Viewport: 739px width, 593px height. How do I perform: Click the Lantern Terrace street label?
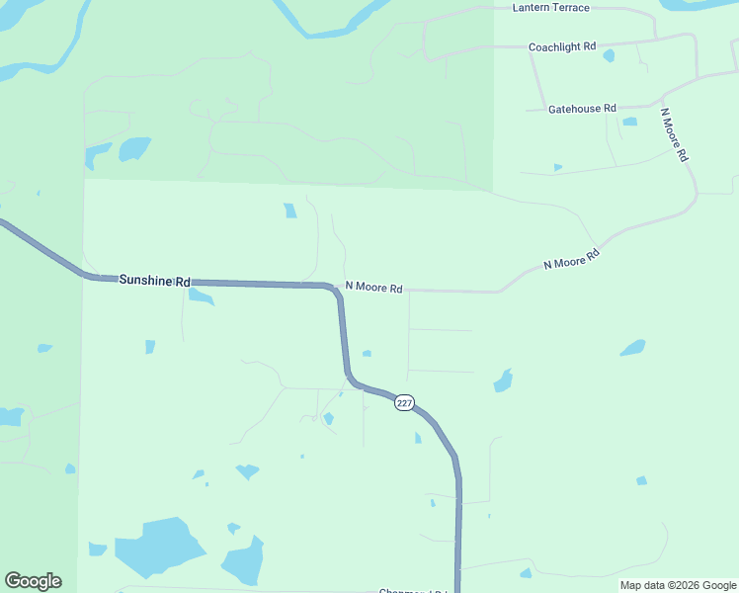[551, 8]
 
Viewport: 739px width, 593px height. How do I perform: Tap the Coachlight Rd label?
[562, 46]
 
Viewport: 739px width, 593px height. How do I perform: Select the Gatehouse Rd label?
[582, 109]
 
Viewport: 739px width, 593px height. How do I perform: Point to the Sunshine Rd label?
[154, 281]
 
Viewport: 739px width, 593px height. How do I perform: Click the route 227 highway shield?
[404, 403]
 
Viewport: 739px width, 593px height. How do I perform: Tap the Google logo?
[33, 581]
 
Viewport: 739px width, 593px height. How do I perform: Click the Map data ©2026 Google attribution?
[678, 585]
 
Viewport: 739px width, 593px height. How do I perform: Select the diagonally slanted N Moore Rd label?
[572, 260]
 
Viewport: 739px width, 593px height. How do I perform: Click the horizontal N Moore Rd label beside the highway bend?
[373, 289]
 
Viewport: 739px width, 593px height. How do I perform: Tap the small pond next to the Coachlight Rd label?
[609, 55]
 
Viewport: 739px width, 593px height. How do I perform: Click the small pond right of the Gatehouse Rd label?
[629, 122]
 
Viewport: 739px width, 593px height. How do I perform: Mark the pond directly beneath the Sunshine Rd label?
[201, 296]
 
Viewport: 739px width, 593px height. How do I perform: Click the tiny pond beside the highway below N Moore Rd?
[367, 353]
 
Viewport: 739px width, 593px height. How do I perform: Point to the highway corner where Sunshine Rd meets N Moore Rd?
[333, 288]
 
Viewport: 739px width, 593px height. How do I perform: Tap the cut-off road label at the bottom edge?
[414, 591]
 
